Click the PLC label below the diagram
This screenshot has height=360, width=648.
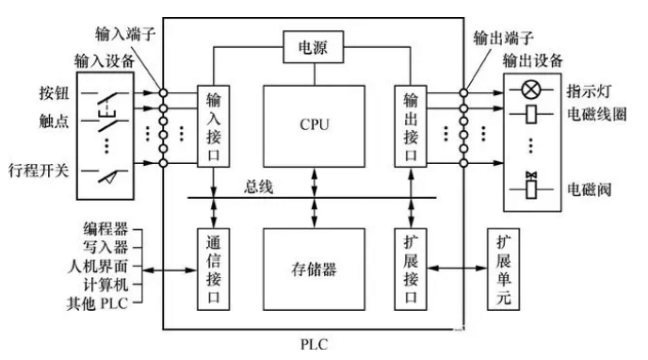pos(315,346)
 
